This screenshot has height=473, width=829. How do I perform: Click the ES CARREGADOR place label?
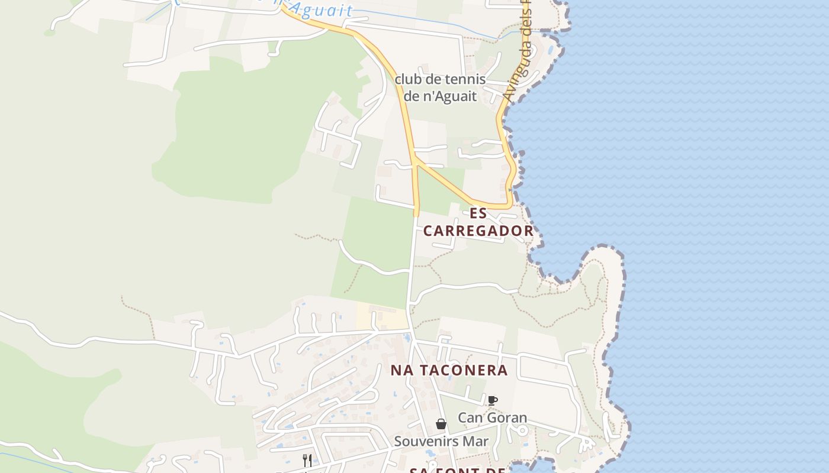(478, 222)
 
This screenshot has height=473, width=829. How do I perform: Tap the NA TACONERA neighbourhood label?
(449, 371)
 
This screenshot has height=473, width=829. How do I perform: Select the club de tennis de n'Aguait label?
(440, 88)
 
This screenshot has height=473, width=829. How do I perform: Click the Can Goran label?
(492, 418)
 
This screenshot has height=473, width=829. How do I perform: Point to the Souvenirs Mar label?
(441, 441)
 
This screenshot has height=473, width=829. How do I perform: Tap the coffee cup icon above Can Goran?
(492, 400)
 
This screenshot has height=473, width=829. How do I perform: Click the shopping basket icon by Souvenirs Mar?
(441, 424)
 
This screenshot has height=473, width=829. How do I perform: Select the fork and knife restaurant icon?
(307, 460)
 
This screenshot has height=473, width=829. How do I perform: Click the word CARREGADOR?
(478, 231)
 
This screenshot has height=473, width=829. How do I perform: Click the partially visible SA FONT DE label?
(457, 471)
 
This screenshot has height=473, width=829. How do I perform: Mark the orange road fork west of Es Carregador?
(416, 160)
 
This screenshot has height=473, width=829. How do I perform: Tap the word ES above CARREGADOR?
(478, 213)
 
